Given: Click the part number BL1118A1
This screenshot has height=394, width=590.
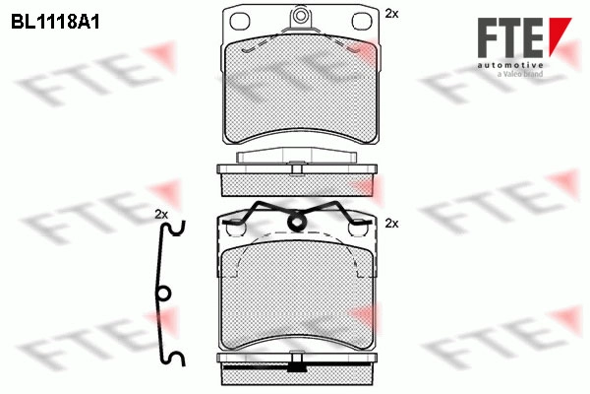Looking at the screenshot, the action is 55,23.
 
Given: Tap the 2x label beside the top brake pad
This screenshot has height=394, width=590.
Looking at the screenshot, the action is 391,14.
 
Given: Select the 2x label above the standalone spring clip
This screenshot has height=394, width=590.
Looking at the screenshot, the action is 161,215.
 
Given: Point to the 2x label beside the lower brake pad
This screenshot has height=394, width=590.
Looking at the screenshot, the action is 391,224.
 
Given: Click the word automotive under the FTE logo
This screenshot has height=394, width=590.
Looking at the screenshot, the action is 510,65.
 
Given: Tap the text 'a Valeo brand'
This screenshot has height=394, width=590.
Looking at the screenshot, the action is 520,74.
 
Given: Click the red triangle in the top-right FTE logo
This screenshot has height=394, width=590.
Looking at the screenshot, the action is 560,36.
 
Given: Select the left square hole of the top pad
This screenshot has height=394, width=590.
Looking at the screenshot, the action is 240,21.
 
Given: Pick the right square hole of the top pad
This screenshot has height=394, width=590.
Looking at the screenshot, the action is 362,21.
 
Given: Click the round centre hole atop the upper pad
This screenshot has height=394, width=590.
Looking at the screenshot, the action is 300,16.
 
